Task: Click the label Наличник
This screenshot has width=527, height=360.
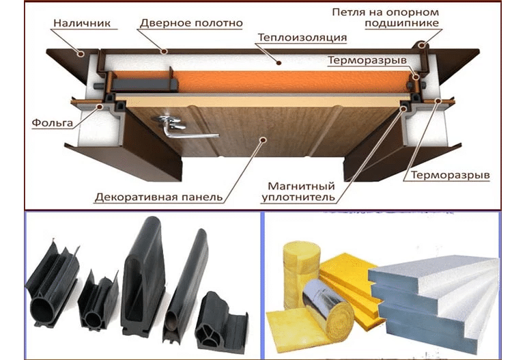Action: click(x=82, y=23)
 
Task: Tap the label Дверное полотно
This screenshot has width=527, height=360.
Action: click(x=191, y=23)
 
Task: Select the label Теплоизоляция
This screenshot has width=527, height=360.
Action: click(x=302, y=37)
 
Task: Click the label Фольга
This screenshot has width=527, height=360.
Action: click(x=53, y=122)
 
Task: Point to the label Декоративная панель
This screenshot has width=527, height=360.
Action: click(x=159, y=197)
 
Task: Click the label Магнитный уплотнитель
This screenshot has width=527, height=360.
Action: click(x=298, y=191)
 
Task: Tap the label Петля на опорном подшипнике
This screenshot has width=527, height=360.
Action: click(x=386, y=18)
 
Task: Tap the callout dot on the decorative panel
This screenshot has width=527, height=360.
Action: click(x=263, y=139)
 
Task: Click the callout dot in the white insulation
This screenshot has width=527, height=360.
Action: click(x=279, y=62)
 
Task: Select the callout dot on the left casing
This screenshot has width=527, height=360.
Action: click(x=80, y=53)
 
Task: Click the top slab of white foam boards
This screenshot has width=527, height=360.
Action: click(x=433, y=273)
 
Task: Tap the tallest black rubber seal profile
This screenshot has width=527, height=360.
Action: click(x=143, y=277)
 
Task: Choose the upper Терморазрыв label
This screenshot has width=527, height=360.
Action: click(x=367, y=60)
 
